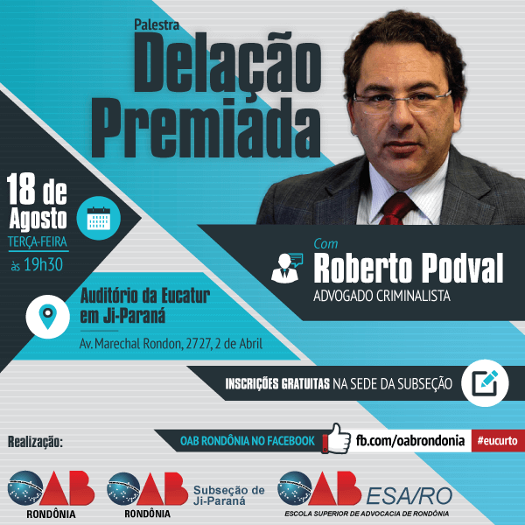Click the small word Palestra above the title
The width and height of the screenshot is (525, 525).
(157, 24)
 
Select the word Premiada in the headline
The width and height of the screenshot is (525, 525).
(206, 128)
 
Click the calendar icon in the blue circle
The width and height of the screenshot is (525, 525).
(98, 218)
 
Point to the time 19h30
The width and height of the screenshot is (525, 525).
(43, 265)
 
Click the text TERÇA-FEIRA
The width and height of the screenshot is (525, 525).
(38, 241)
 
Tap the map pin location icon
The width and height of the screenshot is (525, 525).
(48, 316)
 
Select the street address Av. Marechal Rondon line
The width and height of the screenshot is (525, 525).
(171, 344)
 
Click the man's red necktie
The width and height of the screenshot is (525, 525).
(397, 208)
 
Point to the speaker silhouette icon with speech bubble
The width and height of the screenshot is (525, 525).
(287, 269)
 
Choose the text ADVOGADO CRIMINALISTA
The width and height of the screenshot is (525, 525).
(381, 296)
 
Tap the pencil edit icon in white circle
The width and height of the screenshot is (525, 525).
(485, 383)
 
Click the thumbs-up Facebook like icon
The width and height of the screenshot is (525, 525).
(336, 438)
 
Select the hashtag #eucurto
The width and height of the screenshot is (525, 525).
(498, 441)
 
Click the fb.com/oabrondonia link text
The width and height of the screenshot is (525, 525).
(410, 440)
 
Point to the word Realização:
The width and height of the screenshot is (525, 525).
(35, 442)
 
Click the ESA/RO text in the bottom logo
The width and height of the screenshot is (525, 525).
(409, 496)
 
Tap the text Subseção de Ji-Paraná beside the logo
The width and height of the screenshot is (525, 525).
(229, 495)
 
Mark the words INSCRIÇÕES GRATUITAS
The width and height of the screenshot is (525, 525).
(277, 384)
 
